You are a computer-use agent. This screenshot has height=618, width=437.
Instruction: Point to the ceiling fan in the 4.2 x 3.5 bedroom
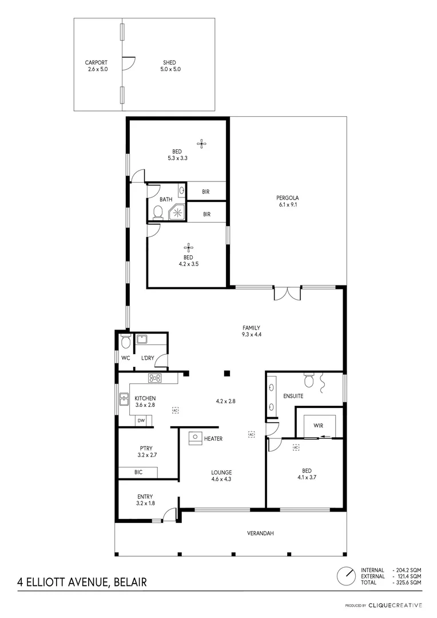pyautogui.click(x=188, y=247)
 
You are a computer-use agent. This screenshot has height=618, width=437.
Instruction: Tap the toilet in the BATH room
pyautogui.click(x=157, y=213)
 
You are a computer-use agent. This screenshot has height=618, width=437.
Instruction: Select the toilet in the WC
pyautogui.click(x=125, y=343)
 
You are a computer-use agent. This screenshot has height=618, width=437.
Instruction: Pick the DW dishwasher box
pyautogui.click(x=141, y=421)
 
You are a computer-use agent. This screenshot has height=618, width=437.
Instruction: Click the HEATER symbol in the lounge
pyautogui.click(x=194, y=438)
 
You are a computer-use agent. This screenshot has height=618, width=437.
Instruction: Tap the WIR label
pyautogui.click(x=318, y=425)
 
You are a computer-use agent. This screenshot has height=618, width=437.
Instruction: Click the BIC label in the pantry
pyautogui.click(x=138, y=472)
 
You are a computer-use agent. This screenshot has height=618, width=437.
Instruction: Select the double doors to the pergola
pyautogui.click(x=287, y=293)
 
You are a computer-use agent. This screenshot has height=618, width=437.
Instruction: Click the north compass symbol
pyautogui.click(x=345, y=576)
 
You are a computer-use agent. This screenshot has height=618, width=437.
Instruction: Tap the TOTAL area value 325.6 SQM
pyautogui.click(x=408, y=582)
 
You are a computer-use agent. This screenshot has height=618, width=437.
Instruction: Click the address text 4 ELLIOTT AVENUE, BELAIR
pyautogui.click(x=82, y=583)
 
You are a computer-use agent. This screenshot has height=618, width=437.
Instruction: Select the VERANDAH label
pyautogui.click(x=260, y=533)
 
